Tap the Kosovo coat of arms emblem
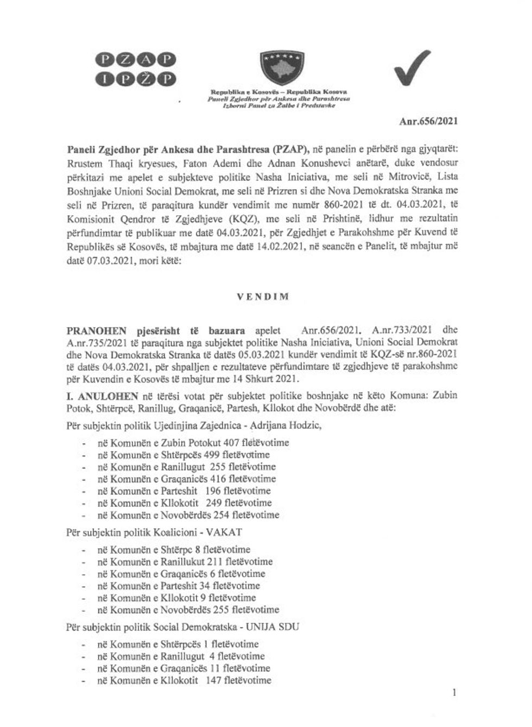(x=278, y=68)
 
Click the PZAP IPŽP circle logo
(x=136, y=70)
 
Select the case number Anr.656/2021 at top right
(x=428, y=122)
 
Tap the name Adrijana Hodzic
(x=286, y=425)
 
